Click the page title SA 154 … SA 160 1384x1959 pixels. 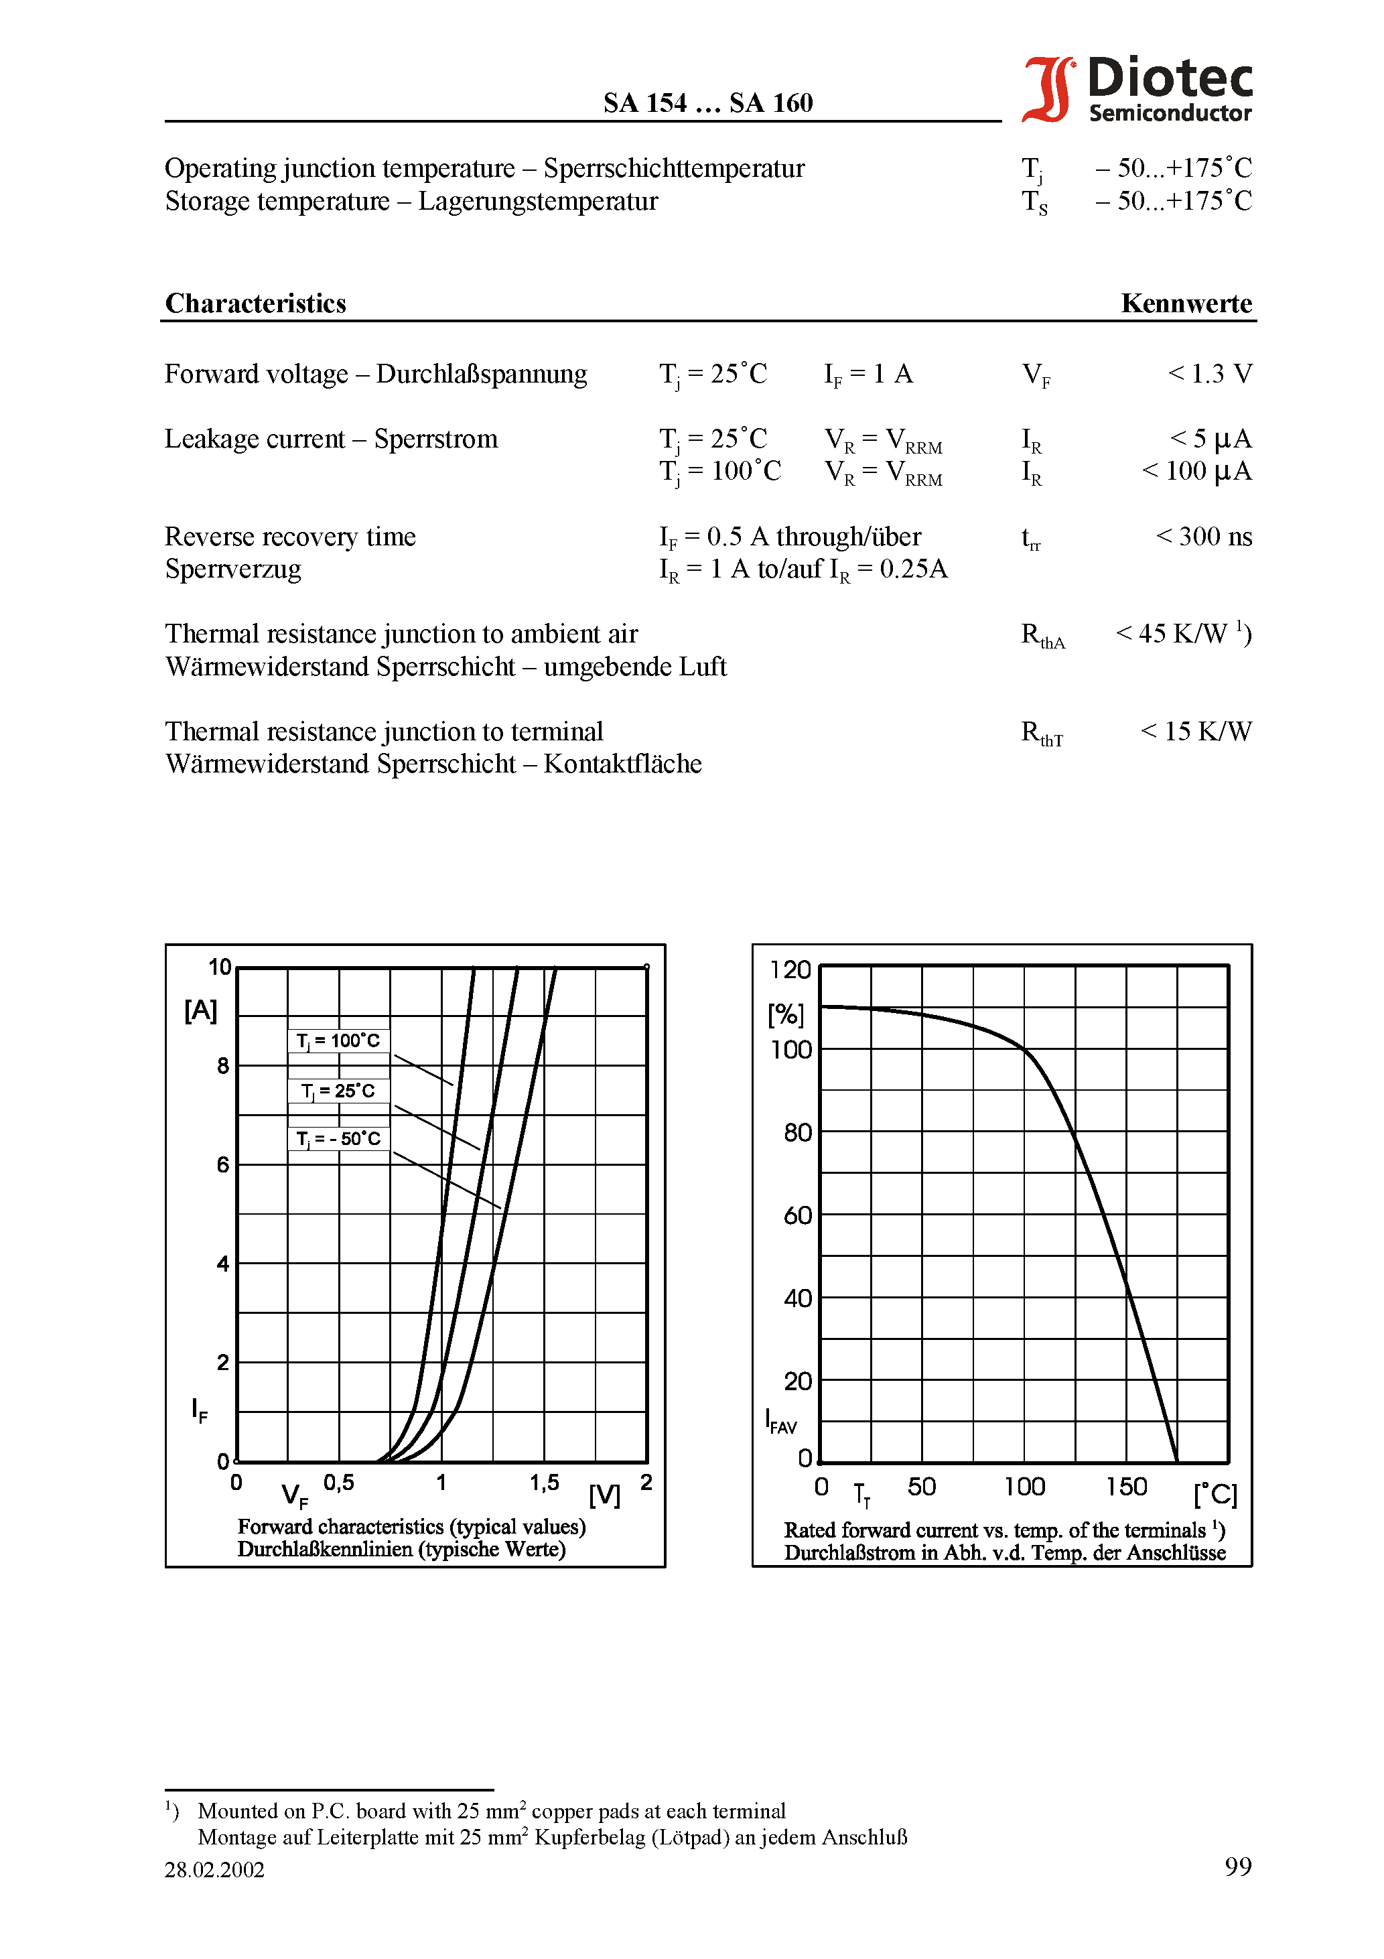click(707, 103)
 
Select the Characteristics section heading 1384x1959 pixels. click(255, 303)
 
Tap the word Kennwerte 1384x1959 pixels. click(1185, 303)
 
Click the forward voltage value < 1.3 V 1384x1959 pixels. click(1209, 374)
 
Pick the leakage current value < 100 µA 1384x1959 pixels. click(1196, 471)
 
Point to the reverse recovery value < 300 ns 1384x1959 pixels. click(1203, 537)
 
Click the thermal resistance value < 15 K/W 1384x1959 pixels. click(1196, 731)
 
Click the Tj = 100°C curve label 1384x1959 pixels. click(338, 1041)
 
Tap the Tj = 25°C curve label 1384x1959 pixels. click(338, 1091)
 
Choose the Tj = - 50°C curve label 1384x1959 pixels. click(338, 1139)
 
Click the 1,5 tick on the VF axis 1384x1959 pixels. click(545, 1483)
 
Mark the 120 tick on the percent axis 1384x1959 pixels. click(790, 970)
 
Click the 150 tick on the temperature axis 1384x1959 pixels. click(1126, 1487)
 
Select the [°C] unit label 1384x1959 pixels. click(1215, 1494)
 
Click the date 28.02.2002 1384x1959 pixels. click(214, 1871)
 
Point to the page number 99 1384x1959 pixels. click(1237, 1868)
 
